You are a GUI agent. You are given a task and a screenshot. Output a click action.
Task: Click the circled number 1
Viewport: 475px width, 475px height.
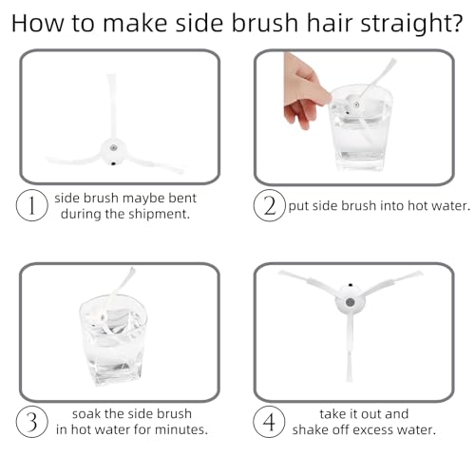coord(32,205)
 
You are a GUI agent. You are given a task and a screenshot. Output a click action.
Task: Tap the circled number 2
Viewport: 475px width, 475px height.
coord(270,205)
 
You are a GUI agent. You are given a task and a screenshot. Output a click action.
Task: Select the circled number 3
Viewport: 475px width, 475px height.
coord(32,422)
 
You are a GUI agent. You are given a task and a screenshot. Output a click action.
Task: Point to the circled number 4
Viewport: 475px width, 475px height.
coord(269,422)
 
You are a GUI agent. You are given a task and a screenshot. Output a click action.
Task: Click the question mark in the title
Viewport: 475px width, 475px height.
coord(455,23)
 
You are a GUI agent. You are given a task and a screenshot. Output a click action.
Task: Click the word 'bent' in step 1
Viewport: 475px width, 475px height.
coord(182,199)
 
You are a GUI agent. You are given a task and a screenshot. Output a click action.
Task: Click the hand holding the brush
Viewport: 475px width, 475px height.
coord(306,91)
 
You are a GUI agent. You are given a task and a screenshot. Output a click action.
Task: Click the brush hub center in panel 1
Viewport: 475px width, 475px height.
coord(113,147)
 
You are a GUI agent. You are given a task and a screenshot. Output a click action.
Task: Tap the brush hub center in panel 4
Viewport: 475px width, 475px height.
coord(350,302)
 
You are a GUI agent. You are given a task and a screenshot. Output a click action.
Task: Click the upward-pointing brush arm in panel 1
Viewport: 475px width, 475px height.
coord(111,107)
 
